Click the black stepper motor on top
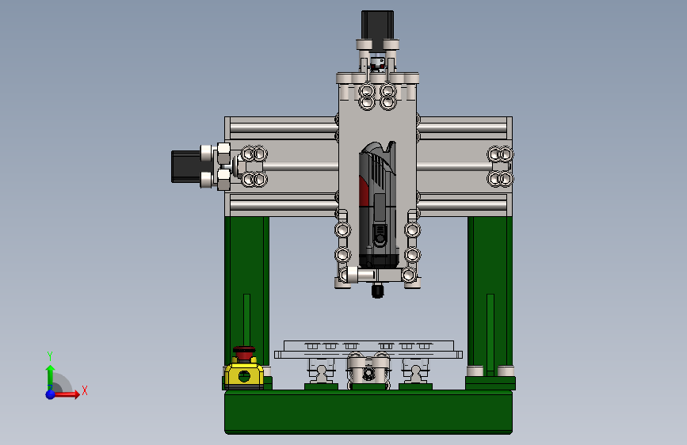click(377, 25)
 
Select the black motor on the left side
click(185, 166)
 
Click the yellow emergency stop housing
click(244, 374)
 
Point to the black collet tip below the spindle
click(377, 291)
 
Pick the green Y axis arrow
click(51, 378)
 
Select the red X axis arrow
click(66, 394)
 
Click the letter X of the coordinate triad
click(85, 390)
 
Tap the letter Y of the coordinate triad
click(50, 356)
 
